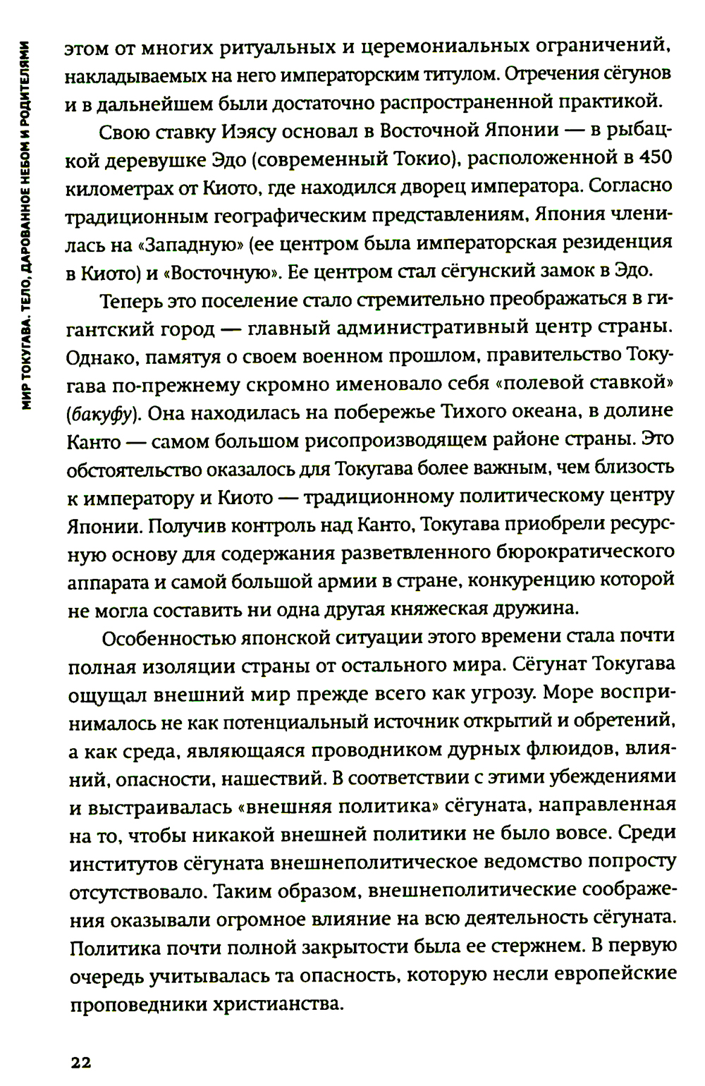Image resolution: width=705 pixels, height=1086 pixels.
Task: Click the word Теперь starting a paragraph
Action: pyautogui.click(x=137, y=300)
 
